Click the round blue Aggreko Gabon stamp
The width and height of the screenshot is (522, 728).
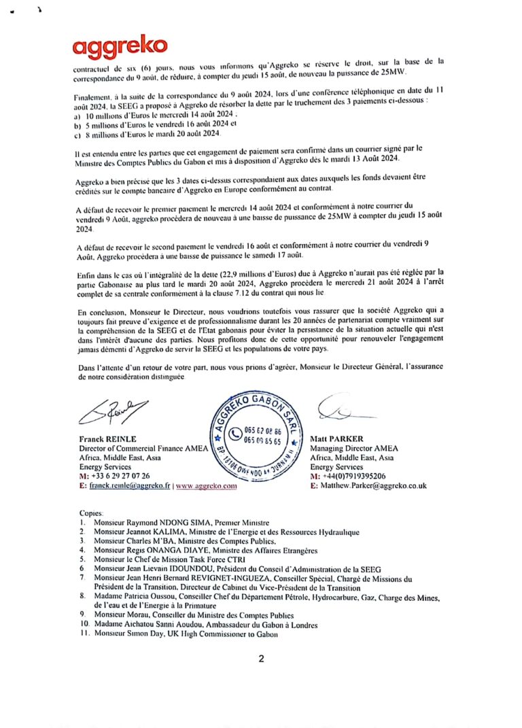click(255, 436)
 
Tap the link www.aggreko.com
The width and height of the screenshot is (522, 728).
click(206, 487)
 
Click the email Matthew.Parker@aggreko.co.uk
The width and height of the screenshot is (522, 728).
click(372, 486)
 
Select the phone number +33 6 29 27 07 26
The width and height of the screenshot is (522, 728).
click(120, 477)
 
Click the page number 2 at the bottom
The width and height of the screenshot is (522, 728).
click(261, 659)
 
